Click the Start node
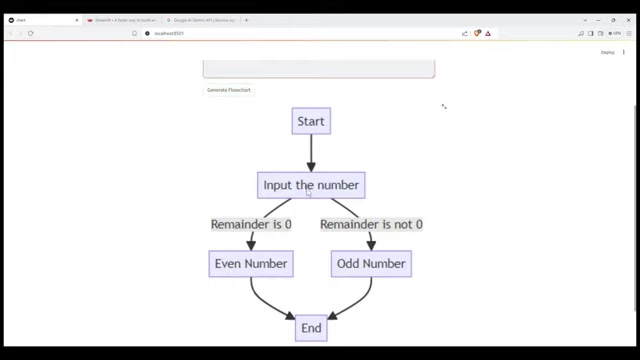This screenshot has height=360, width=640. tap(311, 122)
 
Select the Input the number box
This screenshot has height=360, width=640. tap(311, 185)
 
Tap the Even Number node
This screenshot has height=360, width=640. tap(251, 264)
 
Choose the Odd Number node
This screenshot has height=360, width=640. tap(371, 264)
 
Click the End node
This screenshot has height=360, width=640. tap(311, 328)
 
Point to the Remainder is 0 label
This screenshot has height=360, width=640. tap(251, 224)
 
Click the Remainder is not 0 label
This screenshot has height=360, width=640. tap(371, 224)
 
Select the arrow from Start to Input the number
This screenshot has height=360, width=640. tap(311, 153)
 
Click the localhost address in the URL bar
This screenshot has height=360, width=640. tap(169, 33)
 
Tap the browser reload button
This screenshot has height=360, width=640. tap(31, 33)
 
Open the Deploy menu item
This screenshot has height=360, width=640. tap(607, 52)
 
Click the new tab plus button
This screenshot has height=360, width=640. tap(246, 20)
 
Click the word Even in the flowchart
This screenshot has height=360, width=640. tap(229, 264)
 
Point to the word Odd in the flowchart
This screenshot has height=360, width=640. tap(349, 264)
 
